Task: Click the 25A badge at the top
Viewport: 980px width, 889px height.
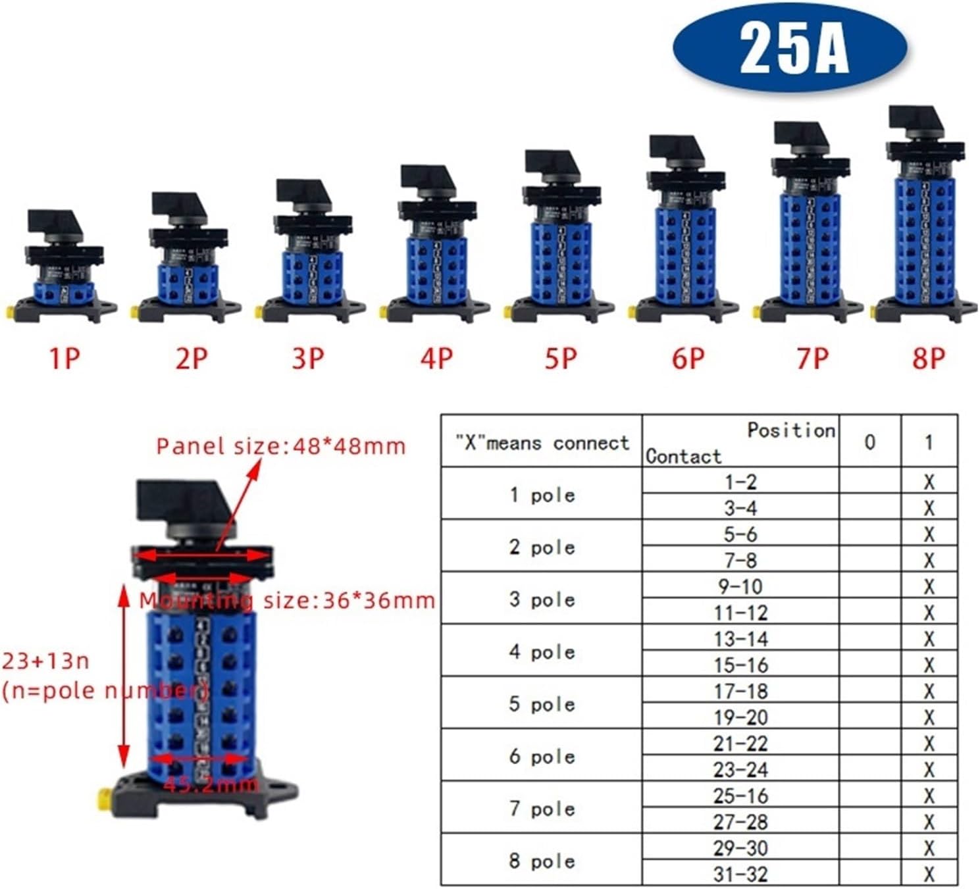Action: coord(792,48)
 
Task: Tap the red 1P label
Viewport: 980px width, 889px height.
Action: coord(64,359)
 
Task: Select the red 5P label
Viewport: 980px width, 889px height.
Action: coord(561,359)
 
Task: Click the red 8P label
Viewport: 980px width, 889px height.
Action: coord(929,359)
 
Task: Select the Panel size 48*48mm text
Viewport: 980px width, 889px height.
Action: coord(281,446)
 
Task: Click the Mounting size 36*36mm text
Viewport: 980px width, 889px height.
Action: coord(288,600)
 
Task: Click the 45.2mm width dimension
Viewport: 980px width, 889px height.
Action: coord(211,784)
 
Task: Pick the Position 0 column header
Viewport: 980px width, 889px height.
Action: coord(869,442)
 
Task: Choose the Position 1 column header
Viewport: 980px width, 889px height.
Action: coord(929,442)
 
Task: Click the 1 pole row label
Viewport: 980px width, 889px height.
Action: coord(542,495)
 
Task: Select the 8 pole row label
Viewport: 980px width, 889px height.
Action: coord(542,861)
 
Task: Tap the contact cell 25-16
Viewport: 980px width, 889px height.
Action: coord(740,796)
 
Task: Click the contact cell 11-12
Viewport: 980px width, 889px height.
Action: coord(740,613)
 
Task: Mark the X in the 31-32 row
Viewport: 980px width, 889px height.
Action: coord(929,875)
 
